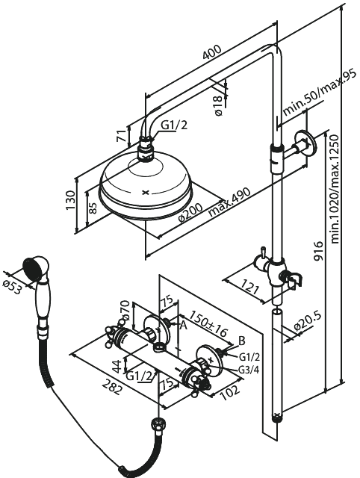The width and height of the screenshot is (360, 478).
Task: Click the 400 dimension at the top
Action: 212,54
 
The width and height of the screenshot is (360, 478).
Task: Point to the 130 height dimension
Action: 71,199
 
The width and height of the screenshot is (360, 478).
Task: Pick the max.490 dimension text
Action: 229,202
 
